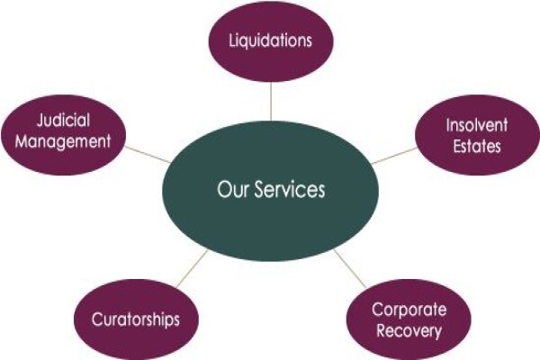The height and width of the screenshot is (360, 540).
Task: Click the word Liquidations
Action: coord(270,40)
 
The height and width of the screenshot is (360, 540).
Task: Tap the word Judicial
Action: coord(63,121)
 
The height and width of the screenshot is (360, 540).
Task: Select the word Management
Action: coord(63,141)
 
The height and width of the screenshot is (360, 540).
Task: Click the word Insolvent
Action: coord(477,125)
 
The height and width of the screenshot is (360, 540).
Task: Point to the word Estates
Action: coord(477,146)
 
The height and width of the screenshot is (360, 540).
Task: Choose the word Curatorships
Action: coord(136,319)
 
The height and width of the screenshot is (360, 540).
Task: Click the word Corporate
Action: coord(409,310)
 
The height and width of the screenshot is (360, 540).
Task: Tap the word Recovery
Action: coord(409,330)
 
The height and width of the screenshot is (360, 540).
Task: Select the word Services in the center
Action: coord(290,189)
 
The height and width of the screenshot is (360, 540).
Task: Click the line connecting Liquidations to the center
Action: coord(271,102)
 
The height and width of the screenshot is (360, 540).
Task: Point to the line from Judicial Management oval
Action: coord(148,154)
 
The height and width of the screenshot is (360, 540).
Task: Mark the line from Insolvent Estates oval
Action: coord(394,156)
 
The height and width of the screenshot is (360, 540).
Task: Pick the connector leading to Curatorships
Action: coord(193,269)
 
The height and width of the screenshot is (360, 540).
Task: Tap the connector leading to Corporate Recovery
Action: coord(349,268)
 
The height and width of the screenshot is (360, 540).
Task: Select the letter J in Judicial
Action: coord(41,121)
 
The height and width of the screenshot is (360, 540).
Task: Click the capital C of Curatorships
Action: coord(98,319)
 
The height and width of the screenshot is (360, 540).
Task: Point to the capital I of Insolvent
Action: coord(448,125)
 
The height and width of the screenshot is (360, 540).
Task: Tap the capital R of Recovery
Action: coord(382,330)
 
